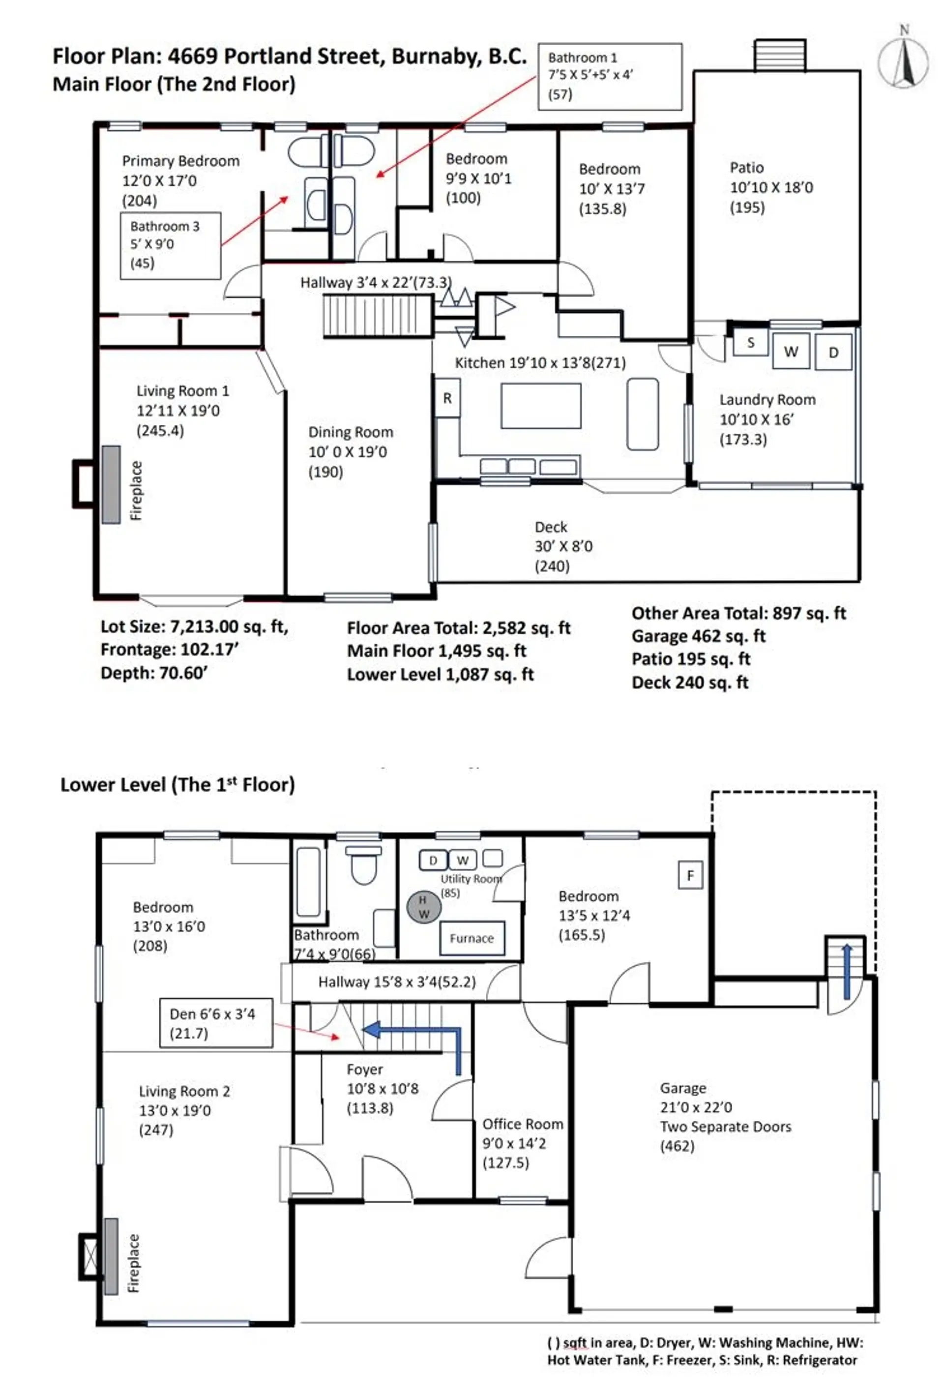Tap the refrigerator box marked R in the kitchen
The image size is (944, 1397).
coord(447,398)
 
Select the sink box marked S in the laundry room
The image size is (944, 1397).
coord(750,343)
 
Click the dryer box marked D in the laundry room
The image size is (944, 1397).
coord(833,352)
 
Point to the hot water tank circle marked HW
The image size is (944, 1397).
coord(424,906)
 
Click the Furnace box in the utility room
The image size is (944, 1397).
coord(471,938)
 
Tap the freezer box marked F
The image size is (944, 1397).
coord(690,875)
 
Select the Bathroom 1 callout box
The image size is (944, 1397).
coord(609,76)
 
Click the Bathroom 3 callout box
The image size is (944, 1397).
coord(170,245)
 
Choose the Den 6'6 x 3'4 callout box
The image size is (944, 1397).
coord(216,1023)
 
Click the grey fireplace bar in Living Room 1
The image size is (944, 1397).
coord(111,484)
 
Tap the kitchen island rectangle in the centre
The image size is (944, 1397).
coord(540,406)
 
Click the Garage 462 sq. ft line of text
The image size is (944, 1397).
coord(698,636)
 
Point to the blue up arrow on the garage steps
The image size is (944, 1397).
coord(846,970)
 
